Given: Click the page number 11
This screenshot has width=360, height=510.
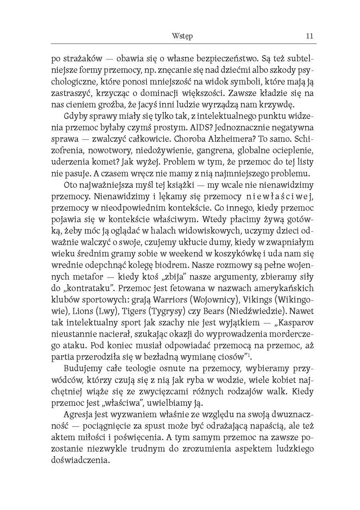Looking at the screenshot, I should click(309, 36).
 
